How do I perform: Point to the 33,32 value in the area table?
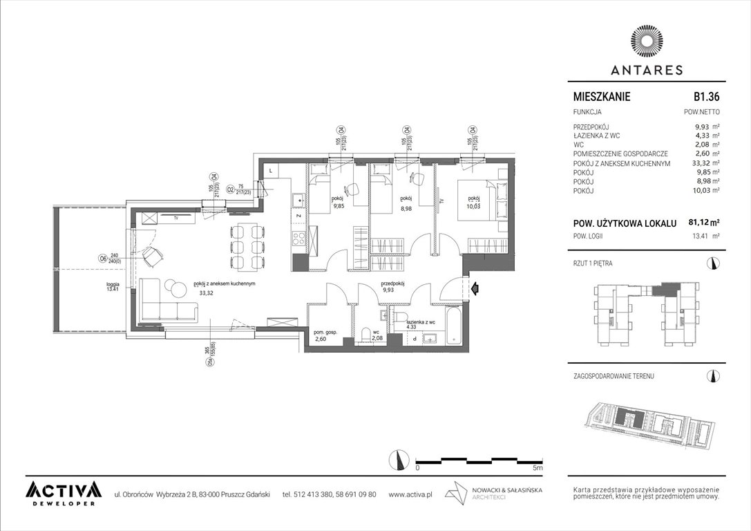coord(703,163)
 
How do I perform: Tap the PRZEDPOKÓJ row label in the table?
coord(591,127)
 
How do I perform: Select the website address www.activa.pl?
coord(410,494)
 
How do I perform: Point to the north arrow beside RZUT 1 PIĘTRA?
coord(712,263)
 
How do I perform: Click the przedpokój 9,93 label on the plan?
coord(392,287)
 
